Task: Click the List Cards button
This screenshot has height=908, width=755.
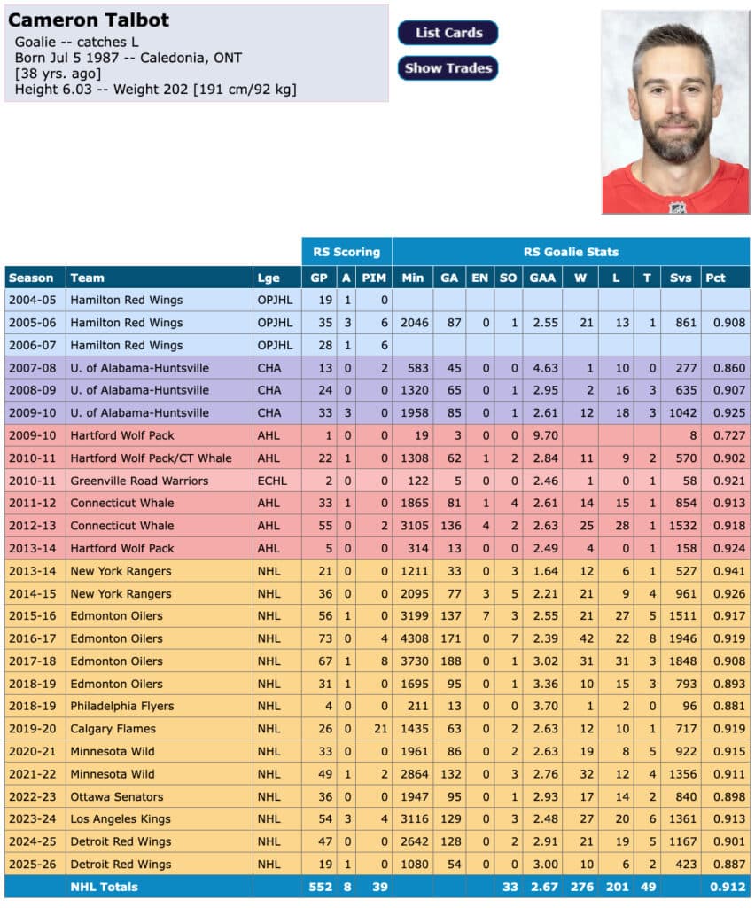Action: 448,33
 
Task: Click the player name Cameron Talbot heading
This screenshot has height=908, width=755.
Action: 89,20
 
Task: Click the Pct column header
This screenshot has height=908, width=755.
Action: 715,278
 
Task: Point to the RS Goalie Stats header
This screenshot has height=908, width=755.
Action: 572,252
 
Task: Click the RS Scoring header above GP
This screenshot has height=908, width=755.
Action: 346,252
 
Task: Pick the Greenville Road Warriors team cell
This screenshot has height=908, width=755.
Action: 139,481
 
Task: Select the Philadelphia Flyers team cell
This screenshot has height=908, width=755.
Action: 121,706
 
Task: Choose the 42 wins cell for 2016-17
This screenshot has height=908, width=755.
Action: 580,638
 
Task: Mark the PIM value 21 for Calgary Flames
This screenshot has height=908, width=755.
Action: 375,729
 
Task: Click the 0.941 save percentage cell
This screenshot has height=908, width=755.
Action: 724,571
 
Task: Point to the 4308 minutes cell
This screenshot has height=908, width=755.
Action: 412,638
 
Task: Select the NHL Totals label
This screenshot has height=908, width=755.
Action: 104,887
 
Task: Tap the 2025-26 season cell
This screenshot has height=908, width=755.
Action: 33,864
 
